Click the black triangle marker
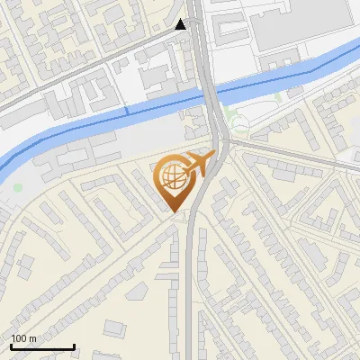coord(181,24)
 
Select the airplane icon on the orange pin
coord(197,166)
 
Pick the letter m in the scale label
coord(33,338)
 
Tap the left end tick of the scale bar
coord(11,346)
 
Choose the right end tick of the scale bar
coord(74,346)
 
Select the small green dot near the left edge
coord(17,187)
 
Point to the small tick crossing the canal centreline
coord(126,110)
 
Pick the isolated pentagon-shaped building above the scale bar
coord(137,292)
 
